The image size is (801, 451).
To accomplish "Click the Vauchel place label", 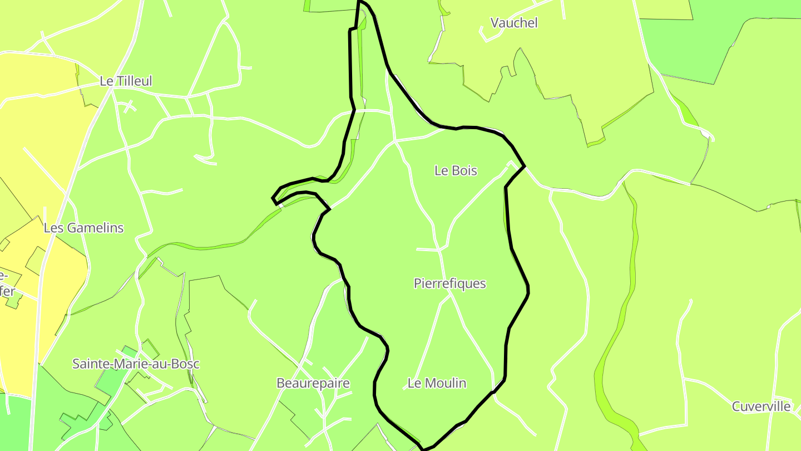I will [x=514, y=23].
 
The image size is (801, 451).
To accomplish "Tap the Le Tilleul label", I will [x=126, y=81].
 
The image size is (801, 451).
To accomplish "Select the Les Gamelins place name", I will [x=83, y=228].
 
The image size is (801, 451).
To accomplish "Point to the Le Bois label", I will [x=456, y=170].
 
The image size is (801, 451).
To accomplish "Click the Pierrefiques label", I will [x=449, y=283].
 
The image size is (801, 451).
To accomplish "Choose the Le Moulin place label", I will [x=437, y=383].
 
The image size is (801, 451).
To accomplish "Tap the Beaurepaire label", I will [x=313, y=383].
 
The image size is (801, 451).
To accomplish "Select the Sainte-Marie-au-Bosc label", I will [x=136, y=364].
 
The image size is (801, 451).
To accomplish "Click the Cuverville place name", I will [x=761, y=406].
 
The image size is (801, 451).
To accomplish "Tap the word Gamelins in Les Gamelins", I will [x=95, y=228].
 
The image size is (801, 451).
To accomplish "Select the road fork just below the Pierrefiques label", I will [x=449, y=297].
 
